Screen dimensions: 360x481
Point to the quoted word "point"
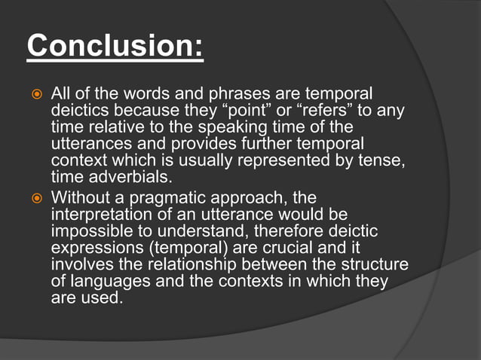[234, 111]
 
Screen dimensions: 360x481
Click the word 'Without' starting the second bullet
[81, 198]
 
